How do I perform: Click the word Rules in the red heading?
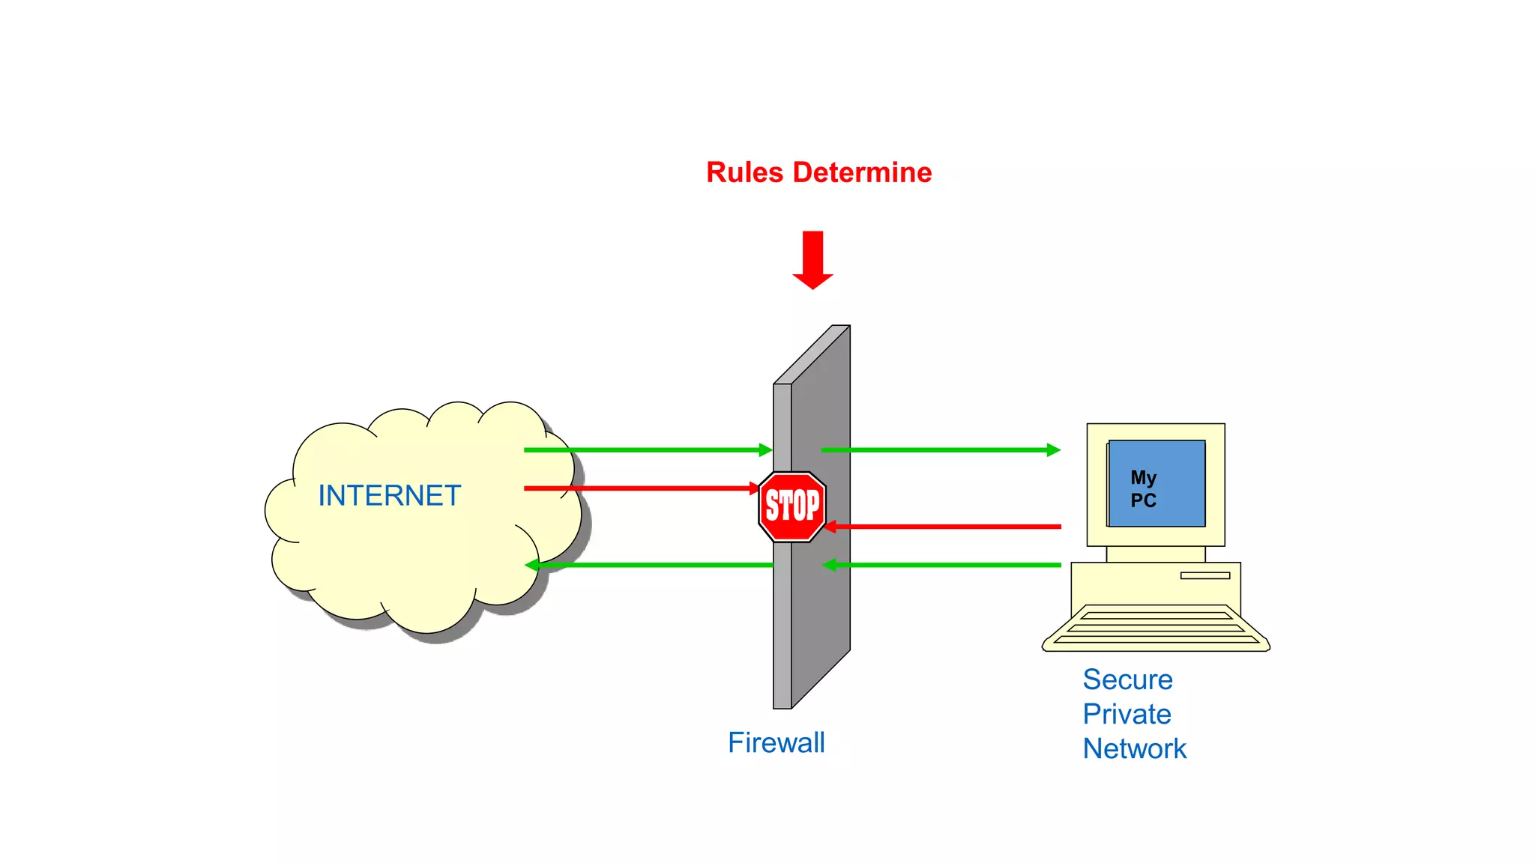(x=744, y=172)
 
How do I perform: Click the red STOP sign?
(x=792, y=506)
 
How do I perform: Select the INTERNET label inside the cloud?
(x=389, y=496)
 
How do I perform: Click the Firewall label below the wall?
(x=776, y=743)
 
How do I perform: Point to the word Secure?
(x=1127, y=679)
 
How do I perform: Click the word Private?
(x=1127, y=714)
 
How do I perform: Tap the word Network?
(x=1134, y=748)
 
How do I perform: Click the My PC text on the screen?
(x=1144, y=488)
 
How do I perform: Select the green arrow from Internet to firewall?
(x=645, y=449)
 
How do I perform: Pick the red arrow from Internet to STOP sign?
(x=637, y=488)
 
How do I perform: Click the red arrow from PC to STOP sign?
(x=944, y=527)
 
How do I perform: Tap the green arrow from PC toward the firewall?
(x=944, y=565)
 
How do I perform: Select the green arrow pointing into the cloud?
(x=645, y=565)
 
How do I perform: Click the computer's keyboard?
(x=1155, y=628)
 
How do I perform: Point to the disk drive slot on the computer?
(x=1204, y=575)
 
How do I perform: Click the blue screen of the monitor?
(x=1177, y=464)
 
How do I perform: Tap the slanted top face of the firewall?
(x=812, y=354)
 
